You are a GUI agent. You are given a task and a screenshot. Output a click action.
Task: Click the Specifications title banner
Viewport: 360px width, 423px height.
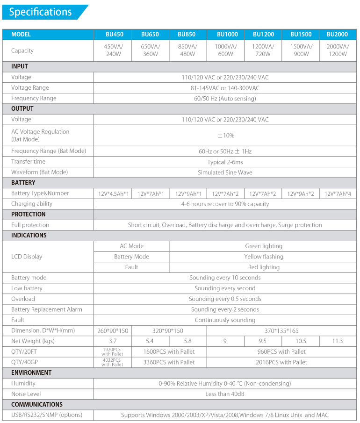[x=41, y=12]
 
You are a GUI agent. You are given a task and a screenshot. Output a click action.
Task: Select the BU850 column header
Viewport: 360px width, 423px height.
[x=187, y=35]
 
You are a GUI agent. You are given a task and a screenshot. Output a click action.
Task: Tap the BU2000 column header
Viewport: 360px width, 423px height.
[x=337, y=35]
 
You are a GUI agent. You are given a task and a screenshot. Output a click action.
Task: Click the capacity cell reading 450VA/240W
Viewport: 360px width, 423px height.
[x=112, y=50]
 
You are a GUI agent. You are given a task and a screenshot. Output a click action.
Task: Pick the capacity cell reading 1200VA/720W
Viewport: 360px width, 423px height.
[x=263, y=50]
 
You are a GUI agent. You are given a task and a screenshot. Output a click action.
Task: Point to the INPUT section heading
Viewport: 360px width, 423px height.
[x=20, y=66]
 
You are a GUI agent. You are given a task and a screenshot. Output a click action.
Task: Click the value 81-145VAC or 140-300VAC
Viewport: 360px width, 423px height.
[x=225, y=88]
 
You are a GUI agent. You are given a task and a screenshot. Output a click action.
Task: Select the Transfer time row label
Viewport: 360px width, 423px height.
[x=29, y=162]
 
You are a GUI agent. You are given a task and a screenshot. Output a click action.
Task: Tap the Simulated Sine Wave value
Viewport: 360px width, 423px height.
[x=225, y=172]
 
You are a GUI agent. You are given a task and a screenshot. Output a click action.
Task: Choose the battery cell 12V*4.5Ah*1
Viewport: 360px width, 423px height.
[x=113, y=194]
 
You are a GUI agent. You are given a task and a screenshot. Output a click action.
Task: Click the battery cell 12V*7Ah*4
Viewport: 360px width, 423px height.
[x=338, y=194]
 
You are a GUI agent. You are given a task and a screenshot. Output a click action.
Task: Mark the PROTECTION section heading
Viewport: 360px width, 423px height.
[x=29, y=215]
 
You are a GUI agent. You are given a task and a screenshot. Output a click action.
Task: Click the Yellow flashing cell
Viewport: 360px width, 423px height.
[x=264, y=257]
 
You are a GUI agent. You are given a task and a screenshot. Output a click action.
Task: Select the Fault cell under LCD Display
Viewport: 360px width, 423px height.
[x=131, y=267]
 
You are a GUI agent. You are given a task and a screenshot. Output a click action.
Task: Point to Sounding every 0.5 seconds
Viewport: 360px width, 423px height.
[x=225, y=299]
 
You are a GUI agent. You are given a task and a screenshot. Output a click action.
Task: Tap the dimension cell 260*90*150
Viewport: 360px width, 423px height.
[x=112, y=331]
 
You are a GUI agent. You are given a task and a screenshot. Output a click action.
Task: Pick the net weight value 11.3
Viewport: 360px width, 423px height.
[x=338, y=341]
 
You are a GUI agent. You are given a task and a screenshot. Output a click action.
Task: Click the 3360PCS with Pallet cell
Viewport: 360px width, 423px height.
[x=169, y=362]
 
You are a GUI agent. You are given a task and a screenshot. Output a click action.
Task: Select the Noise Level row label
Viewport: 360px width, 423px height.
[x=26, y=394]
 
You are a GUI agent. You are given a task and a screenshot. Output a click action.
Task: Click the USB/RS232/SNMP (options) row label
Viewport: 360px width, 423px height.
[x=47, y=415]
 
